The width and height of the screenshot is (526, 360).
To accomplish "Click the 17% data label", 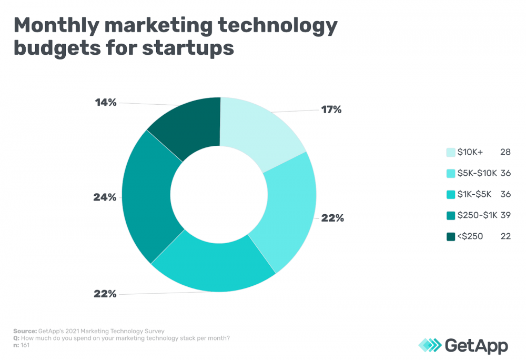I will [x=331, y=109].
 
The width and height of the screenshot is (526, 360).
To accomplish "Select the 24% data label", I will [x=105, y=197].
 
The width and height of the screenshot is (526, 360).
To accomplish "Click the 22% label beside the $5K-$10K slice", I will [x=332, y=218].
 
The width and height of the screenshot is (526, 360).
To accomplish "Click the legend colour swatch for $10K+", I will [x=451, y=152].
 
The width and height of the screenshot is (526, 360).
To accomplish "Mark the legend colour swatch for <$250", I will [x=451, y=236].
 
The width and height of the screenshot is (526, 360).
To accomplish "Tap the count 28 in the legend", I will [x=505, y=152].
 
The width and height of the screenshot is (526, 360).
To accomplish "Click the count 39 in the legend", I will [x=505, y=215].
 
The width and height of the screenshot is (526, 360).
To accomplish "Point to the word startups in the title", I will [x=187, y=48].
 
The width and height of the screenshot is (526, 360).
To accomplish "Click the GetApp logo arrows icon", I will [x=430, y=345].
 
